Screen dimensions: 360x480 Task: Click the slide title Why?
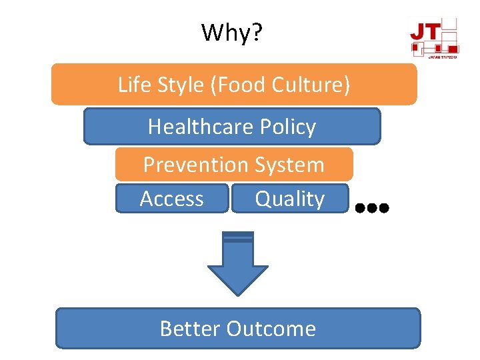[232, 32]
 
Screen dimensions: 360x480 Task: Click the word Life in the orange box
[131, 85]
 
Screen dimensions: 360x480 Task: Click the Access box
[172, 199]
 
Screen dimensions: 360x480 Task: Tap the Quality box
[289, 199]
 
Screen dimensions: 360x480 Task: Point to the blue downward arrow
[238, 264]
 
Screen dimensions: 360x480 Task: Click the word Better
[190, 328]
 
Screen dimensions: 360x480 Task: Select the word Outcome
[271, 328]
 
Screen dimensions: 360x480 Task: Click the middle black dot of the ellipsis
[372, 208]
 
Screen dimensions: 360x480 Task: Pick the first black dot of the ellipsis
[360, 208]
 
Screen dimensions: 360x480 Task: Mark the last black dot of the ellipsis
[384, 208]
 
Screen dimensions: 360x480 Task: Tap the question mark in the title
[256, 32]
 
